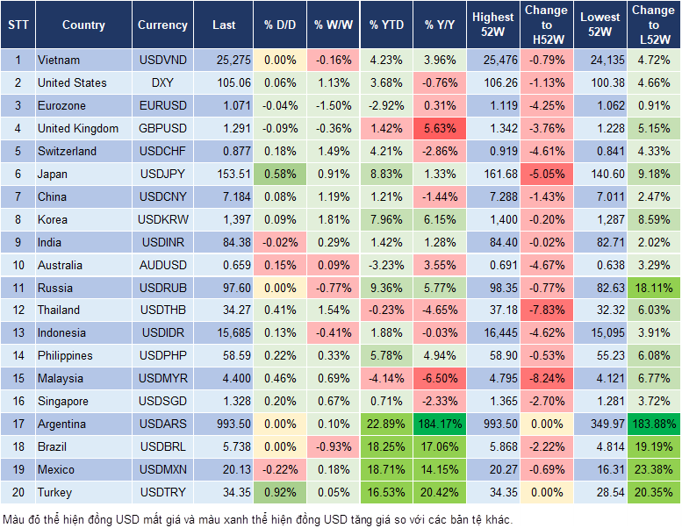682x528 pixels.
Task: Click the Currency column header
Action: [162, 25]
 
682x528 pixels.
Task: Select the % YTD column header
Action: [386, 25]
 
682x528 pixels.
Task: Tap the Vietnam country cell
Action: [59, 61]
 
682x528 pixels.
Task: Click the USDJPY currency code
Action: [162, 175]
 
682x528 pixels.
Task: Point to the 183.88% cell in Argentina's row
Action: [653, 424]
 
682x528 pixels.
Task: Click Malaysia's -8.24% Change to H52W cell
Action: [546, 378]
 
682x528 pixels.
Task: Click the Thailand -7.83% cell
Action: [546, 310]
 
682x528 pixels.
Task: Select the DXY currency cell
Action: [162, 83]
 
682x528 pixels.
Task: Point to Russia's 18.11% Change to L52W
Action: [653, 288]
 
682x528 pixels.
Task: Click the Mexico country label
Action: [55, 469]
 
